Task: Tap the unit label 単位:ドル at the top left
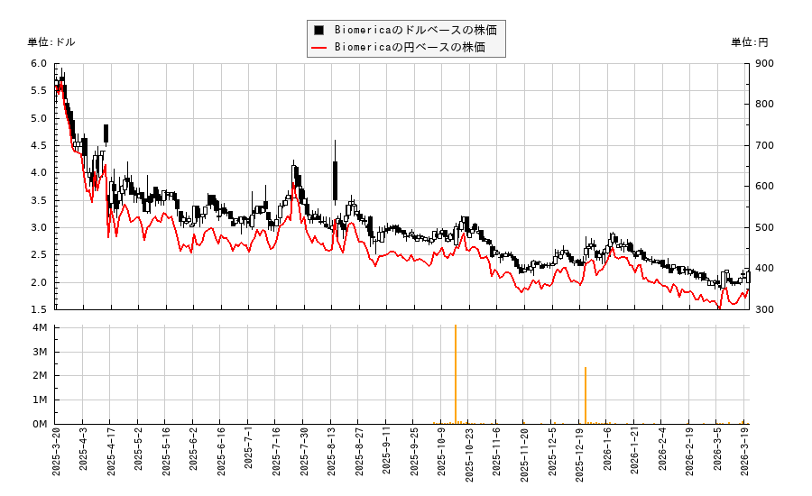(51, 42)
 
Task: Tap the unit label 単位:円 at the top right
(750, 42)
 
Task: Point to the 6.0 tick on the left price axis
(39, 63)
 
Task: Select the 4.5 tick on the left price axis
(39, 145)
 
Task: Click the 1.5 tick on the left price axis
(39, 309)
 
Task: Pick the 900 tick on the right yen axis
(764, 63)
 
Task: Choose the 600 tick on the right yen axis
(764, 187)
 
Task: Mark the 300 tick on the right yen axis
(764, 309)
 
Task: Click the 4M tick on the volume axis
(40, 327)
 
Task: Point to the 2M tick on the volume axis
(40, 375)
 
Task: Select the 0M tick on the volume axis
(40, 424)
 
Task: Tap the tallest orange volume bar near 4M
(456, 374)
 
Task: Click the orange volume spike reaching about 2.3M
(586, 395)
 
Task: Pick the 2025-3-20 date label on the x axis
(56, 459)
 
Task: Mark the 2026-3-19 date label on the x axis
(745, 459)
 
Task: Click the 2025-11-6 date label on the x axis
(496, 459)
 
